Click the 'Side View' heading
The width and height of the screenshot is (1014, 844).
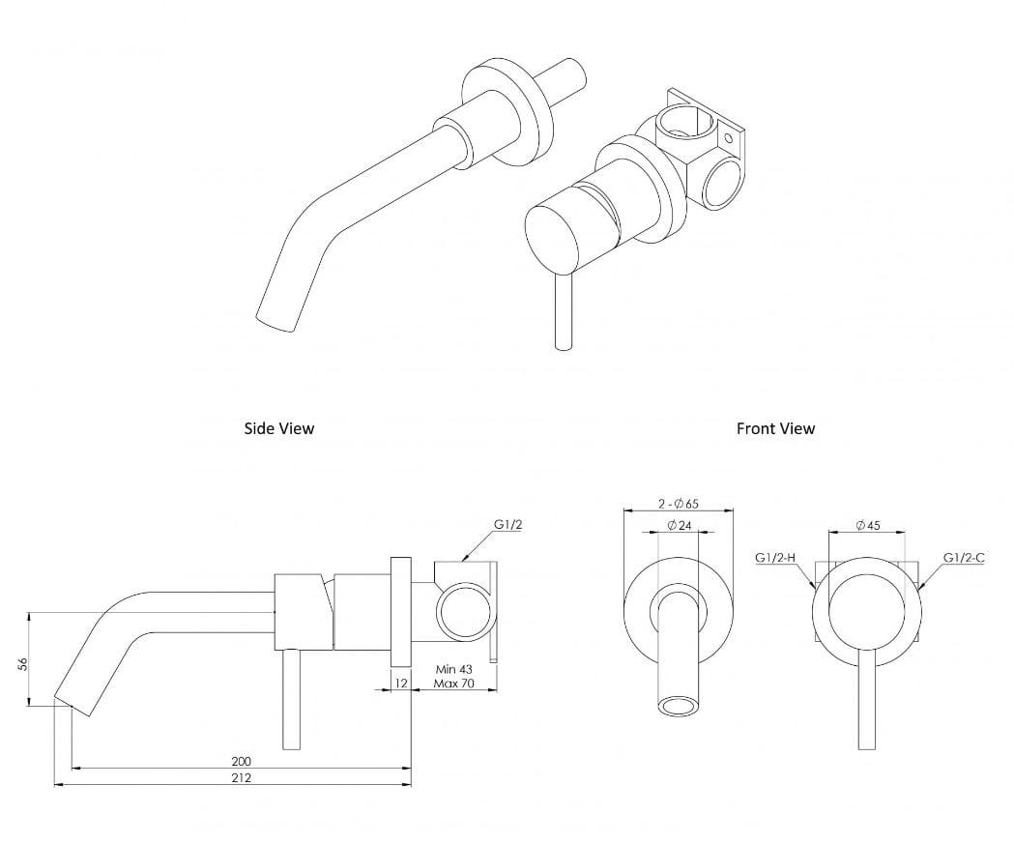tap(278, 427)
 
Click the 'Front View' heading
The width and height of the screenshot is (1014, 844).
tap(775, 427)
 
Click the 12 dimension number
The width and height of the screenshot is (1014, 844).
tap(400, 683)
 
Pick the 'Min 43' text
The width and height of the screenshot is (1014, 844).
tap(452, 669)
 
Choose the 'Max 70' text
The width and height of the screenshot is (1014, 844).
tap(452, 684)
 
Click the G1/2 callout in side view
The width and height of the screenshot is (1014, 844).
tap(508, 524)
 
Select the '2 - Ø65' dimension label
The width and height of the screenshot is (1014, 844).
tap(679, 504)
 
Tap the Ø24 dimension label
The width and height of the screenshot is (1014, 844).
tap(679, 525)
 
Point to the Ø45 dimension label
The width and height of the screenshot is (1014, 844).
tap(867, 525)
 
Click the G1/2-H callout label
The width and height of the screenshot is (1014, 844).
tap(775, 558)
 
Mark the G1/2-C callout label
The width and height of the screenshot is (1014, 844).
tap(964, 558)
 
